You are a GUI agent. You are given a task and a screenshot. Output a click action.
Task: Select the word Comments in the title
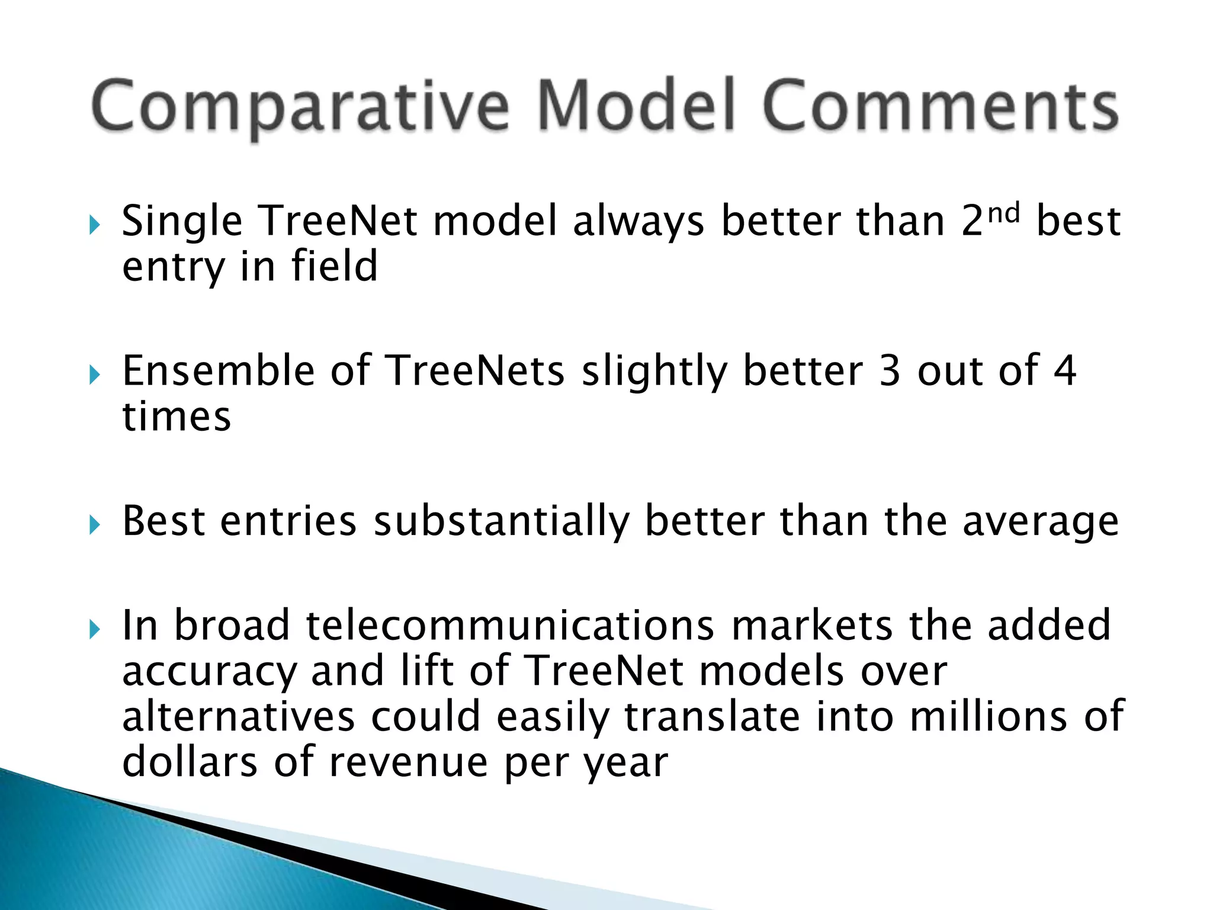(940, 105)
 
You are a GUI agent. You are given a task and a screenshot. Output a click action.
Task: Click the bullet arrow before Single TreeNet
(95, 225)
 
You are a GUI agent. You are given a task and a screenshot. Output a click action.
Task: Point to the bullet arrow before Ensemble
(95, 375)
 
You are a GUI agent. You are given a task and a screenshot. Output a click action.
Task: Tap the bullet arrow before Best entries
(95, 525)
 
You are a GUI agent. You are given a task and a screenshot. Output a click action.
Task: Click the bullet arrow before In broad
(95, 630)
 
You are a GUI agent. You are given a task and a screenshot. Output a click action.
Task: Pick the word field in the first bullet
(334, 266)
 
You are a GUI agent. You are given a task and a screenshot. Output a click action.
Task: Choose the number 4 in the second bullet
(1064, 371)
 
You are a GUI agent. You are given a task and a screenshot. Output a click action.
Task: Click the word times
(177, 416)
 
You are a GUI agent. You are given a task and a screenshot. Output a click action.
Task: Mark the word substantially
(501, 522)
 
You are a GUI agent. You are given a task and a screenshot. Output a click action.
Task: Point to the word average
(1041, 522)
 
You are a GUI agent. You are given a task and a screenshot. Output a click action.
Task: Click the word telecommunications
(510, 626)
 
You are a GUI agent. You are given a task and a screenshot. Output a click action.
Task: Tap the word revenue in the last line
(409, 762)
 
